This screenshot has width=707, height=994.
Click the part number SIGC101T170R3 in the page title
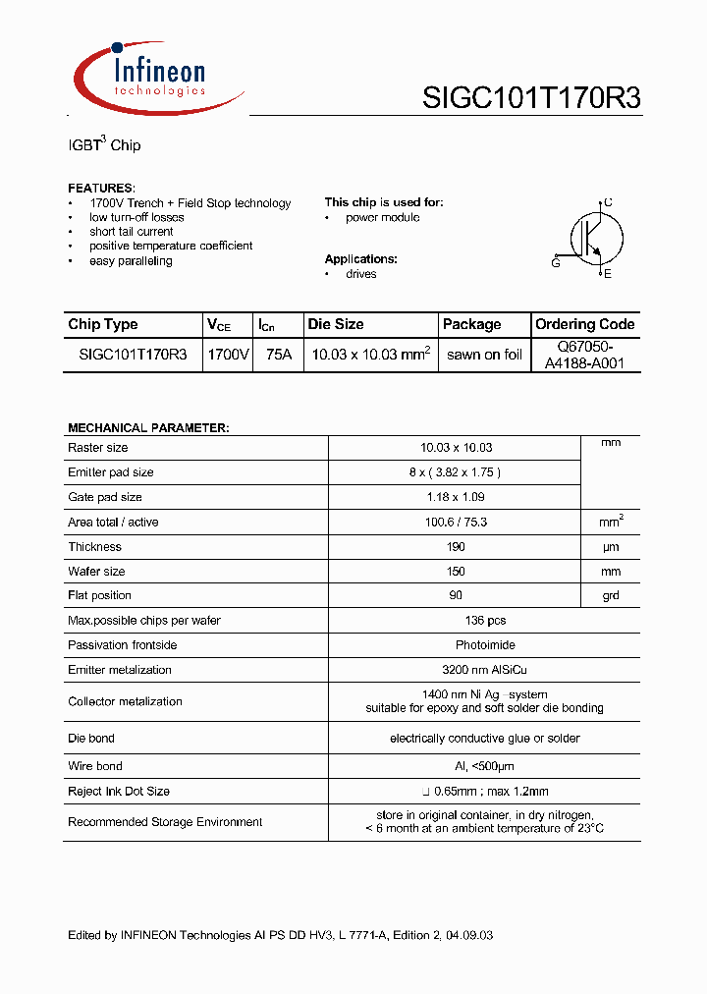tap(531, 98)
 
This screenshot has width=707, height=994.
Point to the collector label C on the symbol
tap(608, 202)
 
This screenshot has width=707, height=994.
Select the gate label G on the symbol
tap(556, 263)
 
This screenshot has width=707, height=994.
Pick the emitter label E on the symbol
tap(608, 274)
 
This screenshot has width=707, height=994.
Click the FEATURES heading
tap(101, 188)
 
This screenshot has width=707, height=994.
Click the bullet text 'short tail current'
tap(131, 232)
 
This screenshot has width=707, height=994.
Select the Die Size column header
tap(336, 324)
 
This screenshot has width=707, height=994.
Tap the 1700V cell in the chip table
tap(228, 356)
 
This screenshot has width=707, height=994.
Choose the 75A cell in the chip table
tap(279, 356)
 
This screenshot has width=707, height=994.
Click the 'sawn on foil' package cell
tap(484, 356)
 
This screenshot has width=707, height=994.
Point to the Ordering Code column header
tap(584, 324)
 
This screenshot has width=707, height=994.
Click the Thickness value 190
tap(456, 547)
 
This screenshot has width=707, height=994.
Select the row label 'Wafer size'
tap(96, 572)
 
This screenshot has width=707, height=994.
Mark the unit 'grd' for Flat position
tap(611, 596)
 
